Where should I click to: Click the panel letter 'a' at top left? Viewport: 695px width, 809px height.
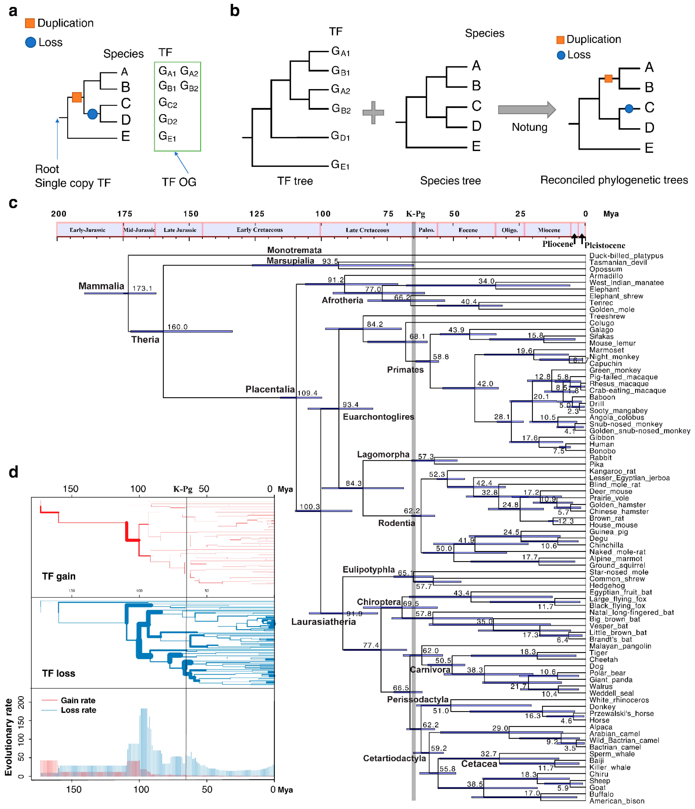(x=13, y=11)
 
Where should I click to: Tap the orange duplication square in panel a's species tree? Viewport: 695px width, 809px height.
(x=77, y=97)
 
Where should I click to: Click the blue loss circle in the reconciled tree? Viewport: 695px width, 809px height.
(x=629, y=109)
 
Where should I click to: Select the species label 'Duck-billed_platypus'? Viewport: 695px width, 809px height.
(x=626, y=256)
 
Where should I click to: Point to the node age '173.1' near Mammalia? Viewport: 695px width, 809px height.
(x=142, y=288)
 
